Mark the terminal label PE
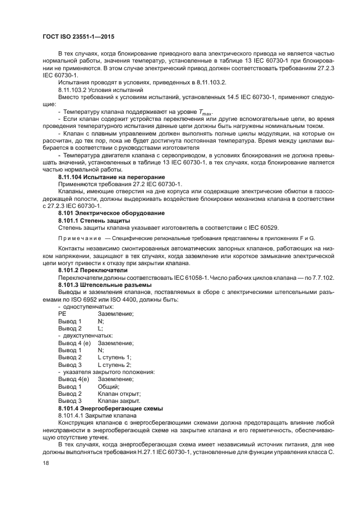[62, 314]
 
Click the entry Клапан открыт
[119, 393]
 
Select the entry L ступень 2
[114, 364]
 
